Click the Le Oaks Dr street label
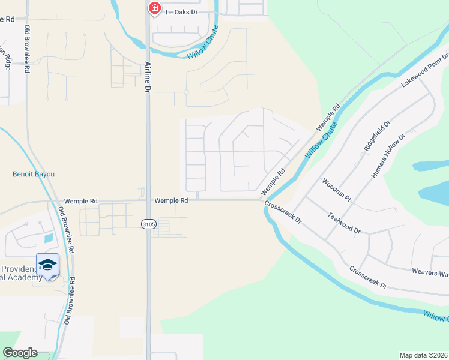pyautogui.click(x=182, y=12)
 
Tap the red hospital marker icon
pyautogui.click(x=154, y=8)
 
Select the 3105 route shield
pyautogui.click(x=149, y=224)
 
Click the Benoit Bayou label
pyautogui.click(x=34, y=174)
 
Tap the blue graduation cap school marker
pyautogui.click(x=48, y=265)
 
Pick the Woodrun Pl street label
pyautogui.click(x=336, y=189)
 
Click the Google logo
pyautogui.click(x=20, y=353)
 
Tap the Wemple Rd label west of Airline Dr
pyautogui.click(x=80, y=202)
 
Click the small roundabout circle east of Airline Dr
pyautogui.click(x=186, y=92)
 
